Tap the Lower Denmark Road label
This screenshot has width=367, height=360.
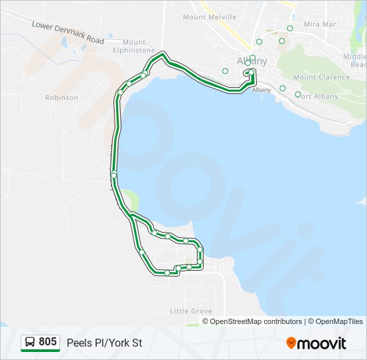(68, 32)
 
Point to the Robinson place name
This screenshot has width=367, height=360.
(61, 97)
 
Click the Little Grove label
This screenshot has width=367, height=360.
(191, 311)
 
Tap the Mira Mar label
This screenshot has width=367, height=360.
(320, 24)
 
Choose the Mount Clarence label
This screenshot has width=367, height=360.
(321, 77)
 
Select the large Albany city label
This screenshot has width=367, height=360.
(252, 61)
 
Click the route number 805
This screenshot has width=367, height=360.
(47, 342)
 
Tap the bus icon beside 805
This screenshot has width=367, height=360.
(30, 343)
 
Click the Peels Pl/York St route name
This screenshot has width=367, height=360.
(104, 343)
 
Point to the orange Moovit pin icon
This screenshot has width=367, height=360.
(291, 343)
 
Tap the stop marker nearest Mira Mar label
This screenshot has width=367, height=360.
(290, 28)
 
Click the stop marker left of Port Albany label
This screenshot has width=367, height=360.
(298, 94)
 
